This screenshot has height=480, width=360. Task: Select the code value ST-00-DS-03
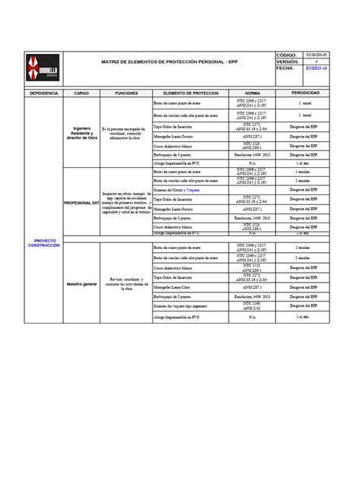316,55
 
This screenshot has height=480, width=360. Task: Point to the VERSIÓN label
289,62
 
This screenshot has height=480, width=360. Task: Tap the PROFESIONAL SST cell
81,204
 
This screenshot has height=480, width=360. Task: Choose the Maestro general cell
81,283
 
